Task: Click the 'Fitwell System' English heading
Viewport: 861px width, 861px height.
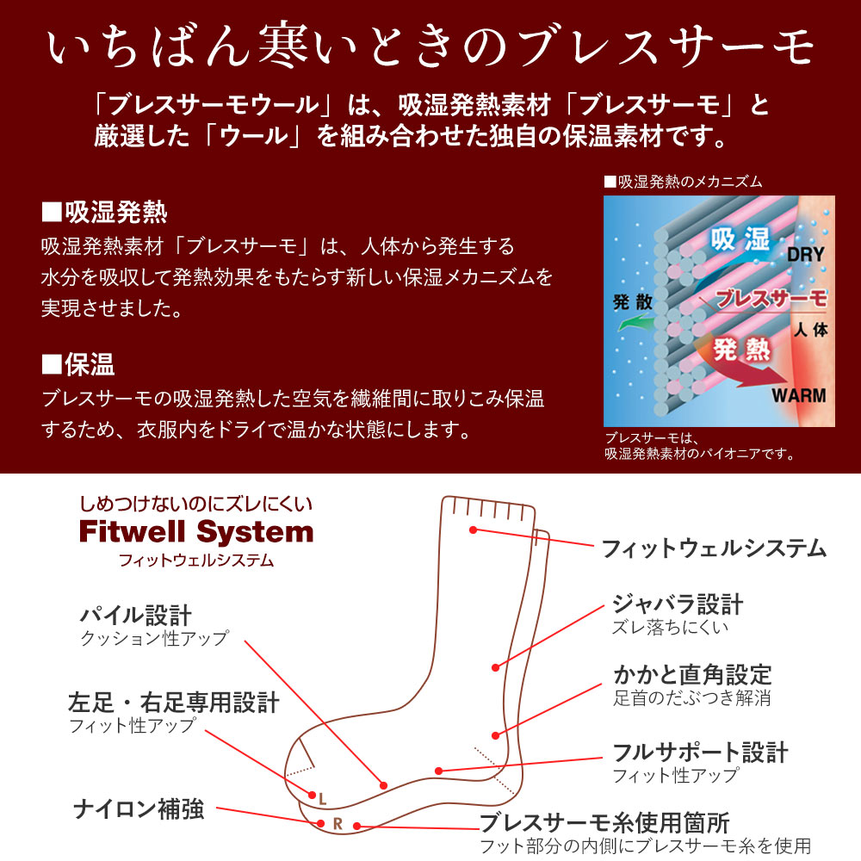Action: (x=196, y=531)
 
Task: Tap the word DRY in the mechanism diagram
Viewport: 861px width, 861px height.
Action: (x=805, y=254)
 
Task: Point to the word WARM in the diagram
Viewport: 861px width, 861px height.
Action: (x=798, y=396)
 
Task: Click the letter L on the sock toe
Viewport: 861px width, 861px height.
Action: (x=322, y=798)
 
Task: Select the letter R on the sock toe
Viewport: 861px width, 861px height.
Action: (x=338, y=824)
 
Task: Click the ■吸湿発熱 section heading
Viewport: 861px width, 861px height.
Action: (x=104, y=211)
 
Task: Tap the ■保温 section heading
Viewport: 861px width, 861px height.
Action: (x=78, y=364)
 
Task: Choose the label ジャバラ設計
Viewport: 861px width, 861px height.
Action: (x=678, y=604)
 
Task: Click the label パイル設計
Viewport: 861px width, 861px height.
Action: (x=136, y=615)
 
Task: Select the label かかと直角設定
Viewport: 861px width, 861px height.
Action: (x=692, y=674)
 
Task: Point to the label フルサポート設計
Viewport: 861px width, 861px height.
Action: (x=700, y=752)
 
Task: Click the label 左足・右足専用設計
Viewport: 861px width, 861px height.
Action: (x=174, y=702)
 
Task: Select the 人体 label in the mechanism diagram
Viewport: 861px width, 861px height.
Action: (x=810, y=328)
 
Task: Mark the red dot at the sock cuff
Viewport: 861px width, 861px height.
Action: (x=473, y=530)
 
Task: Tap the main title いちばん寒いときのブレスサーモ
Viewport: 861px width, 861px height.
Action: (x=430, y=47)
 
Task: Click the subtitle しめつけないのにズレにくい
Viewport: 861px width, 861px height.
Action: (x=196, y=504)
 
